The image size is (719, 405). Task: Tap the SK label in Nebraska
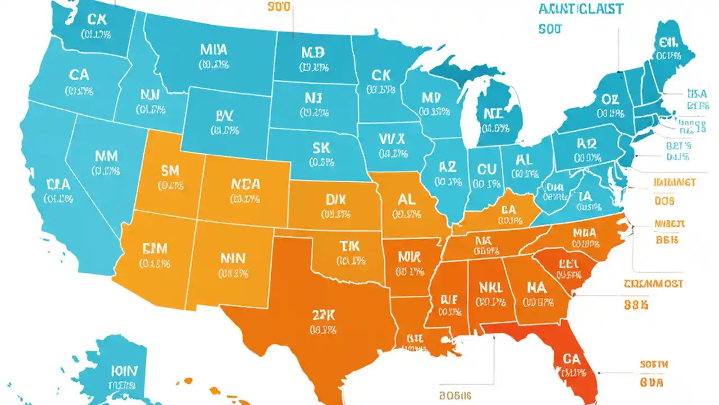click(322, 148)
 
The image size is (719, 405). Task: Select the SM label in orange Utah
click(170, 170)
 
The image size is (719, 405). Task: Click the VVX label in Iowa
click(392, 138)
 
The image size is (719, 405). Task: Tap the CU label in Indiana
click(487, 169)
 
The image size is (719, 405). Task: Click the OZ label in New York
click(610, 100)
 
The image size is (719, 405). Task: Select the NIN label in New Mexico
click(233, 258)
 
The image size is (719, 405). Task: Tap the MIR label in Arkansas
click(409, 256)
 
